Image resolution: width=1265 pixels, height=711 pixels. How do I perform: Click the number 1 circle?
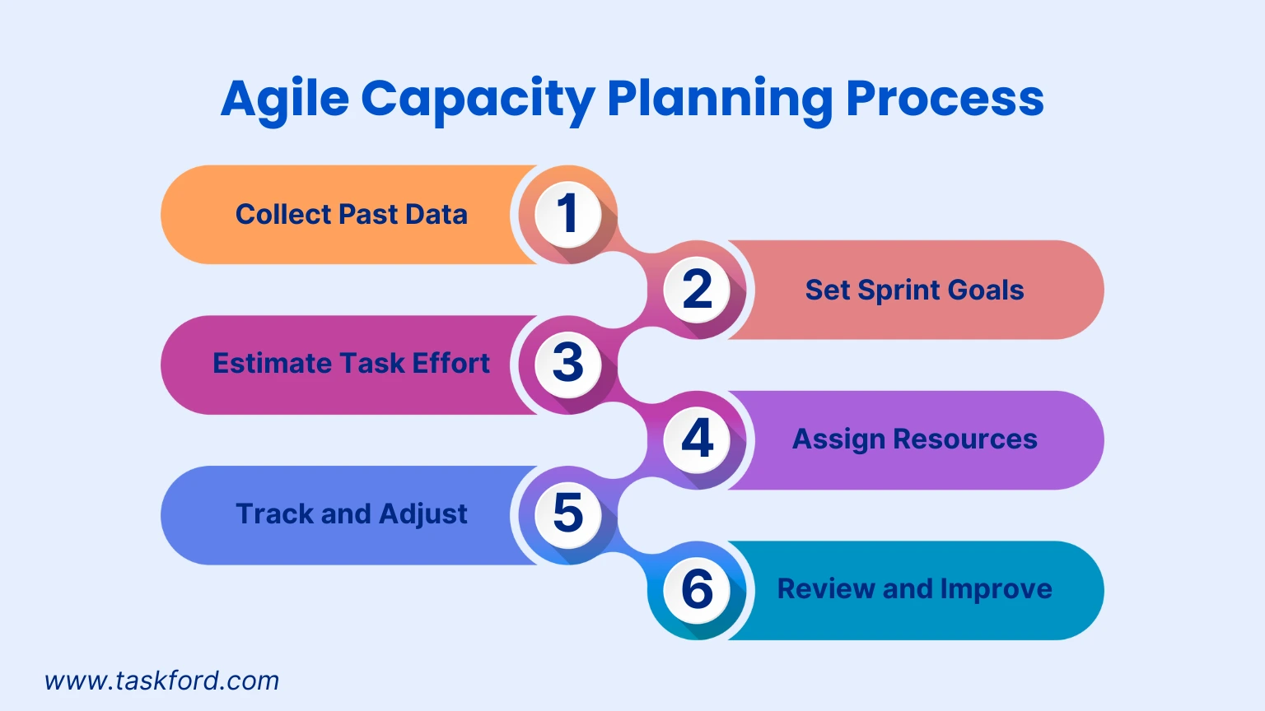[567, 214]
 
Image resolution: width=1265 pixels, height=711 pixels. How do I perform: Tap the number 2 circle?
[698, 290]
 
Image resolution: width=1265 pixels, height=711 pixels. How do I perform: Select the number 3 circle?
[567, 364]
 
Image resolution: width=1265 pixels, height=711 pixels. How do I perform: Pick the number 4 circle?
[698, 439]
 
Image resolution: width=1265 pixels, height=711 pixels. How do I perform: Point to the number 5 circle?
[567, 514]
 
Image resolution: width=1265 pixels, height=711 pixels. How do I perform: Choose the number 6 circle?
[698, 589]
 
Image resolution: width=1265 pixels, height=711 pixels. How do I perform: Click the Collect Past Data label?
[351, 215]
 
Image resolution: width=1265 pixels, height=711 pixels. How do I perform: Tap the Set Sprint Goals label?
[914, 290]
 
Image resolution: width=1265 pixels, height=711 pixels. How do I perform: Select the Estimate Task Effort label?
[351, 364]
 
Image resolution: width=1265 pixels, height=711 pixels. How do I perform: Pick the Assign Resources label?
[914, 439]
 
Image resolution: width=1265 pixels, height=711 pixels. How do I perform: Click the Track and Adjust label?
[351, 514]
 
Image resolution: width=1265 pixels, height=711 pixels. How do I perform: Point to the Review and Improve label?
[914, 589]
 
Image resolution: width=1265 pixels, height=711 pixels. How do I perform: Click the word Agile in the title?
[285, 100]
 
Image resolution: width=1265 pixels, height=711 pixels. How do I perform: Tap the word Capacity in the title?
[478, 100]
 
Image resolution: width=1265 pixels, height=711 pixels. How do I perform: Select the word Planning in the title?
[720, 100]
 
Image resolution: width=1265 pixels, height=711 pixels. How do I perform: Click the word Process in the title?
[945, 100]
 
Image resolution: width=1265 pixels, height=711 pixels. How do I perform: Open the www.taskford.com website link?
[162, 681]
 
